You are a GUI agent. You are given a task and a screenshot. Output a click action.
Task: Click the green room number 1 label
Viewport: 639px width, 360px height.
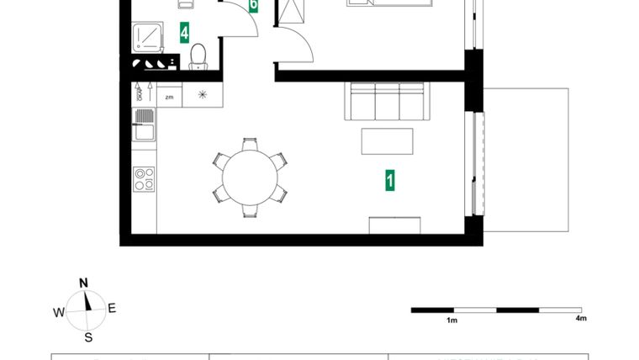pyautogui.click(x=390, y=180)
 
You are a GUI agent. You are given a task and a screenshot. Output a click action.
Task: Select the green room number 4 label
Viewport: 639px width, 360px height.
pyautogui.click(x=184, y=33)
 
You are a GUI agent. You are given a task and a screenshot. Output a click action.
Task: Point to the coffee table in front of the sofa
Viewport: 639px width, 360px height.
pyautogui.click(x=387, y=140)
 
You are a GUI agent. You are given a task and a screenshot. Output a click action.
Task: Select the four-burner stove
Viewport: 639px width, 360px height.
pyautogui.click(x=144, y=178)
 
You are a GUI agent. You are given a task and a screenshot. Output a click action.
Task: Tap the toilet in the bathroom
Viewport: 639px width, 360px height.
pyautogui.click(x=198, y=57)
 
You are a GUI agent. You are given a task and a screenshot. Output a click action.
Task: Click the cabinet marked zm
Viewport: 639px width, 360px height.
pyautogui.click(x=169, y=97)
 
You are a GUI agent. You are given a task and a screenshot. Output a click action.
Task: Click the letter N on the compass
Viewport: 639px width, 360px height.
pyautogui.click(x=83, y=283)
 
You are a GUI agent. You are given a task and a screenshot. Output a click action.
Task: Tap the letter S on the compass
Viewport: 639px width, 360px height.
pyautogui.click(x=87, y=338)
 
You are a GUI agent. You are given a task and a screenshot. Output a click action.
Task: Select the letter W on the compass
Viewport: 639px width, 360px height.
pyautogui.click(x=59, y=312)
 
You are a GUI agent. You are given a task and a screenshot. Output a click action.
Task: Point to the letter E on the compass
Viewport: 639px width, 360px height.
pyautogui.click(x=112, y=308)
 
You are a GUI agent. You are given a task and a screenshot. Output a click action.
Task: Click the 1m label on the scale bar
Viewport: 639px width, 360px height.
pyautogui.click(x=452, y=320)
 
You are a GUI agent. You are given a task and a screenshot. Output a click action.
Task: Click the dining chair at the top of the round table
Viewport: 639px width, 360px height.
pyautogui.click(x=250, y=144)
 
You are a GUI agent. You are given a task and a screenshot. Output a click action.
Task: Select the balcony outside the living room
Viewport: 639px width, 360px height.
pyautogui.click(x=526, y=160)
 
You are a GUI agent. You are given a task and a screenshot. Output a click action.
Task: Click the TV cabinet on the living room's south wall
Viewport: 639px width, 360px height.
pyautogui.click(x=394, y=225)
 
